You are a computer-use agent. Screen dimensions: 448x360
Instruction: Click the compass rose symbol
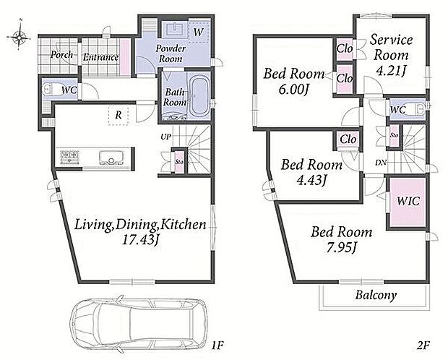click(x=19, y=36)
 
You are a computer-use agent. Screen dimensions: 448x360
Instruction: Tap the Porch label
click(x=61, y=54)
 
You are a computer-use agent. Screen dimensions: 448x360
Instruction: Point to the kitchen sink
click(x=112, y=158)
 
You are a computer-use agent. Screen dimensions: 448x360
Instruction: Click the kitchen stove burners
click(x=69, y=157)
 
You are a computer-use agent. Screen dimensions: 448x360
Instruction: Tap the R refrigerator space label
click(x=119, y=115)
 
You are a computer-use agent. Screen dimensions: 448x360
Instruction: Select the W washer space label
click(x=198, y=32)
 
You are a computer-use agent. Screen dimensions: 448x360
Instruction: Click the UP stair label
click(x=165, y=137)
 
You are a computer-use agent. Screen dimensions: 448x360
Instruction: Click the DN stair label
click(x=381, y=163)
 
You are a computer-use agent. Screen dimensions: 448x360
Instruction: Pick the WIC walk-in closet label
click(x=408, y=201)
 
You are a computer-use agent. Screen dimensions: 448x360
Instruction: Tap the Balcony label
click(x=376, y=296)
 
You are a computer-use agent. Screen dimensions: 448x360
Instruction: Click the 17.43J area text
click(x=140, y=239)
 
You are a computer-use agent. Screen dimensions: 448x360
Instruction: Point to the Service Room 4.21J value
click(x=391, y=70)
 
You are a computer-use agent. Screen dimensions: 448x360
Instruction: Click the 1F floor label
click(x=217, y=346)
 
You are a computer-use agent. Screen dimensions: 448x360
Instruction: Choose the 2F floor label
click(x=423, y=346)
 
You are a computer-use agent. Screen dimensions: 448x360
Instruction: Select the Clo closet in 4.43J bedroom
click(x=348, y=140)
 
